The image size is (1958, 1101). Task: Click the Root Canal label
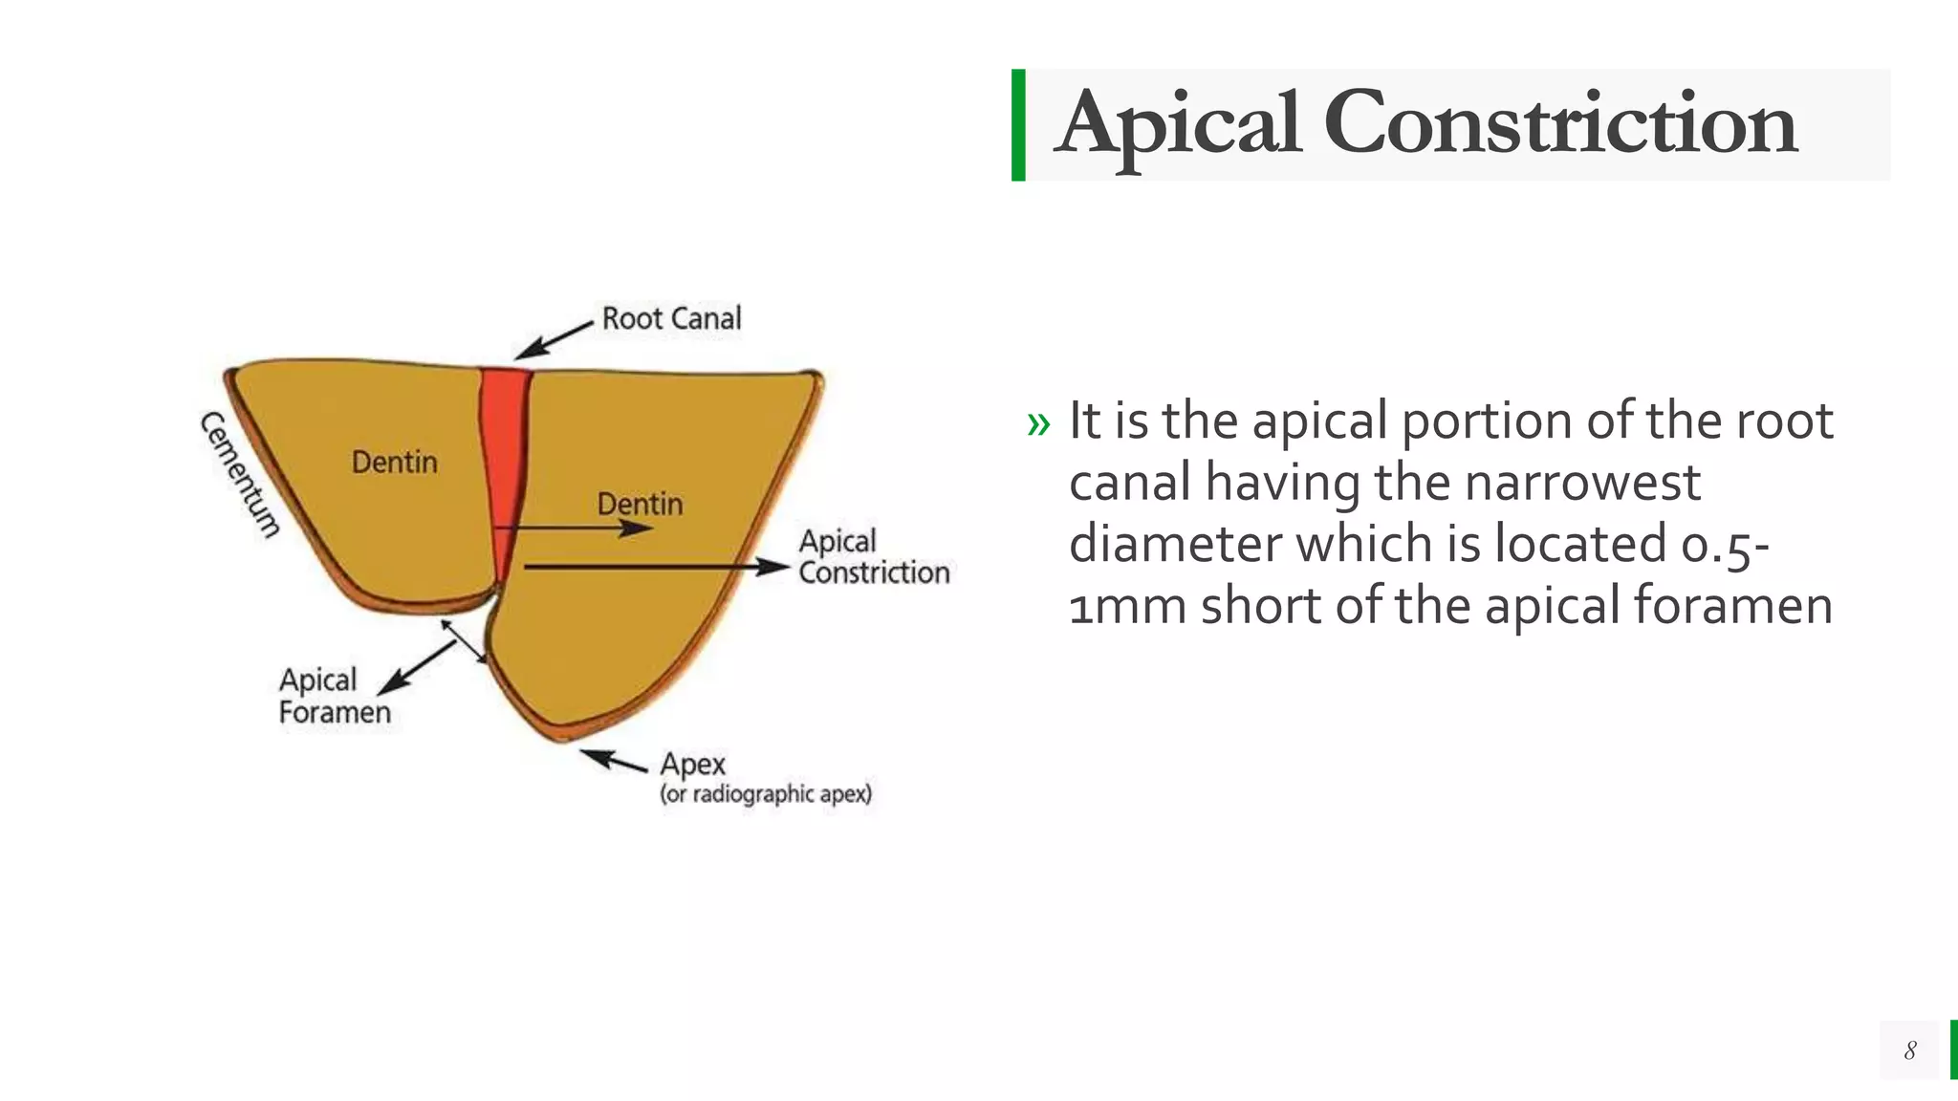pos(671,318)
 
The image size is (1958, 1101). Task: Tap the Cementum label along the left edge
pos(240,475)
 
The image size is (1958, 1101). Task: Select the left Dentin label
pos(394,463)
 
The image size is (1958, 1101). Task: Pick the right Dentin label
pos(640,504)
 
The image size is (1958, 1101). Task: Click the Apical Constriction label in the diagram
pos(873,557)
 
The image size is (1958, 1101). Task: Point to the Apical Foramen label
pos(334,696)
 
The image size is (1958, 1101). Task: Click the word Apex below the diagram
pos(692,765)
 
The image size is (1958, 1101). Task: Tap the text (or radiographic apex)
pos(766,794)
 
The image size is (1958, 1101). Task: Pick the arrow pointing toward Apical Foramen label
pos(417,667)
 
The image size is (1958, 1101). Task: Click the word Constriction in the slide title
pos(1559,124)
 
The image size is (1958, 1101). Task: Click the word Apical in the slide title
pos(1178,124)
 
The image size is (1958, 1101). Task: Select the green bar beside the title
pos(1018,125)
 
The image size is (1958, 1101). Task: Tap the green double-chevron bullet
pos(1038,424)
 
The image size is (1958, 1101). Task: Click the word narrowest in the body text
pos(1582,482)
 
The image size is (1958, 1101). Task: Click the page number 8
pos(1909,1050)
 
